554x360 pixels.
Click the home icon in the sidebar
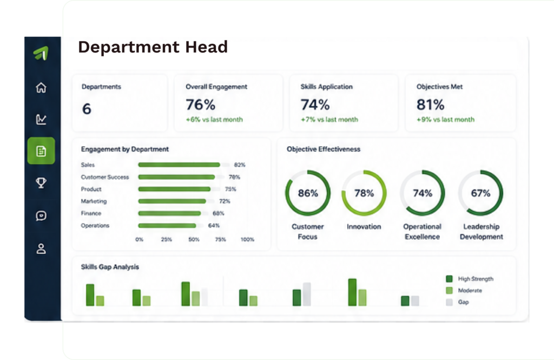click(x=41, y=87)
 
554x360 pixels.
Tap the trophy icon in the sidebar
click(x=41, y=183)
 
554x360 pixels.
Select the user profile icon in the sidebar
click(x=41, y=248)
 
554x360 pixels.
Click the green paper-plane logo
click(x=41, y=53)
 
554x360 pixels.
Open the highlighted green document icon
click(x=41, y=151)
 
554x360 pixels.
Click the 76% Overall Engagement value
click(x=200, y=104)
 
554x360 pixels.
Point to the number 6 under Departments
click(x=87, y=109)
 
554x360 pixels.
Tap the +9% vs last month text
click(x=445, y=120)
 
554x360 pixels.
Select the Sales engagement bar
click(x=179, y=165)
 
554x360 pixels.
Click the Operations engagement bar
click(x=167, y=226)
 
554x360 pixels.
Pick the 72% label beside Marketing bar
click(x=225, y=201)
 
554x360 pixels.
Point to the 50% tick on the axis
click(x=194, y=239)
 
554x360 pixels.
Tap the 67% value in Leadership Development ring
click(x=480, y=193)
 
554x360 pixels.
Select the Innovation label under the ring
click(x=364, y=227)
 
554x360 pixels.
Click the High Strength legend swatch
click(x=450, y=279)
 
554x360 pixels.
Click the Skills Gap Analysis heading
click(x=110, y=267)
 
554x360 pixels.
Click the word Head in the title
click(x=207, y=47)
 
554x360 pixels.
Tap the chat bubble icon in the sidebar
click(x=41, y=215)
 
